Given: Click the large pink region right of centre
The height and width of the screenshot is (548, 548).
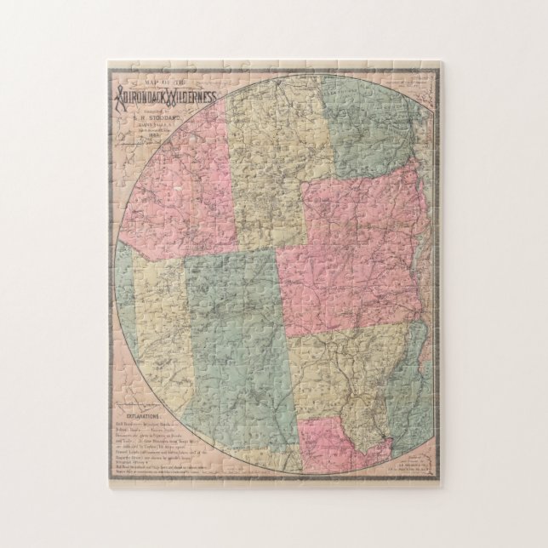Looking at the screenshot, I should click(x=349, y=255).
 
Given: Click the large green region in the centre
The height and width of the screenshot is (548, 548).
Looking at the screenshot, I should click(x=234, y=340).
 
